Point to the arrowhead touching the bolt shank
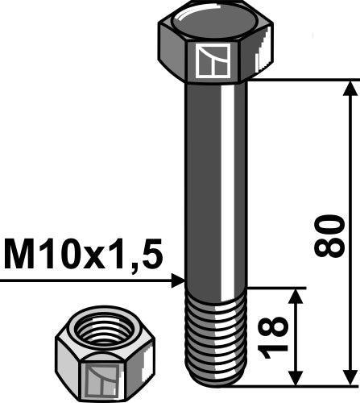(x=178, y=280)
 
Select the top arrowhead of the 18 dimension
(x=298, y=297)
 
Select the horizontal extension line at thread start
(x=274, y=286)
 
